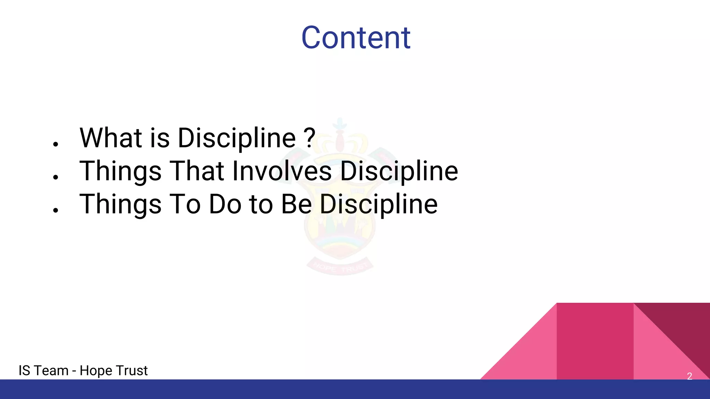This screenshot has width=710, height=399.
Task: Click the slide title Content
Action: coord(356,38)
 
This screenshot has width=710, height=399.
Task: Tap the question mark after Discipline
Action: coord(310,138)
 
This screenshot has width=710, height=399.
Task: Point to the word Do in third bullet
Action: coord(225,204)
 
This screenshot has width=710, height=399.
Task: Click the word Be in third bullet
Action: coord(296,204)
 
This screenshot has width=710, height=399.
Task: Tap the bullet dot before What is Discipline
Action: coord(55,144)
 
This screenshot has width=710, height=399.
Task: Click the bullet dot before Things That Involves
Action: coord(55,177)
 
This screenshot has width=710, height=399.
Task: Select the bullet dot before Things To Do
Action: coord(55,210)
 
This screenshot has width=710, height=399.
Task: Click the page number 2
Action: coord(689,376)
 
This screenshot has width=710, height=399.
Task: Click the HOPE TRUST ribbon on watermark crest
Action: coord(340,267)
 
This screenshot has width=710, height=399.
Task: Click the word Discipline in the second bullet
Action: coord(399,171)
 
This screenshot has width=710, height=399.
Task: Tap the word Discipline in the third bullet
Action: coord(378,204)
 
